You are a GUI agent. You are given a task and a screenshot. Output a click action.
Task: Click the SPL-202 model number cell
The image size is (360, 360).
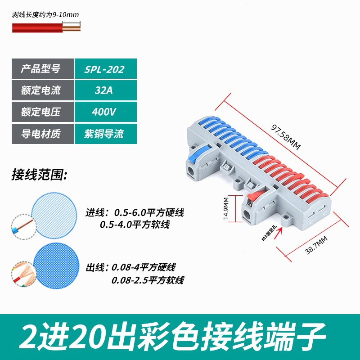[x=104, y=70]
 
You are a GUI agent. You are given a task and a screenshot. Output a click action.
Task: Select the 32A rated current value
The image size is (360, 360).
[x=104, y=90]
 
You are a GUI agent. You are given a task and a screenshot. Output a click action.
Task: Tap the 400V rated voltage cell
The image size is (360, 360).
[x=104, y=112]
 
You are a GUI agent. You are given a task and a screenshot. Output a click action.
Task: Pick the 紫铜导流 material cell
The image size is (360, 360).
[x=104, y=133]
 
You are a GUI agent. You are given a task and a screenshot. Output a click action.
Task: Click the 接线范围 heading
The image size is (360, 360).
[x=39, y=175]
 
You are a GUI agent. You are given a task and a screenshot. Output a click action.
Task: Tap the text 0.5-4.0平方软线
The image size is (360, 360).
[x=135, y=224]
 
